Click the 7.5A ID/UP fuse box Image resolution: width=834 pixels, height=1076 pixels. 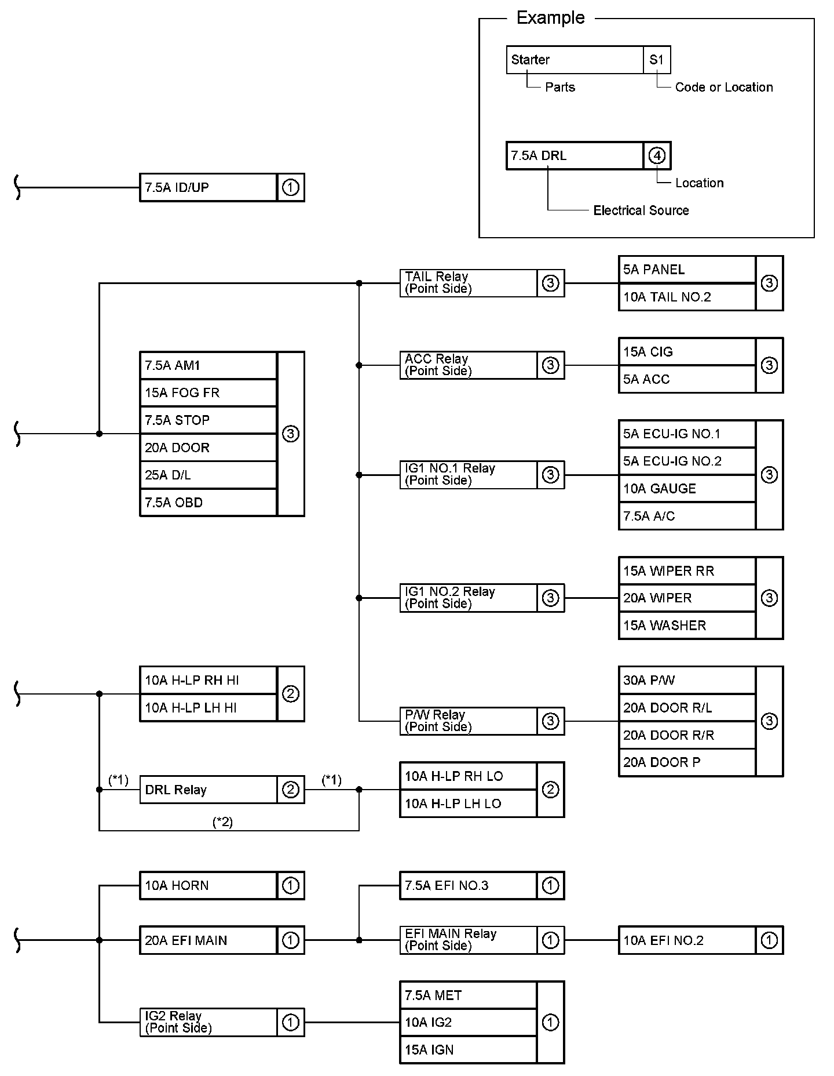[x=209, y=187]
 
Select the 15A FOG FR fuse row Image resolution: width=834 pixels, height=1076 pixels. [x=209, y=392]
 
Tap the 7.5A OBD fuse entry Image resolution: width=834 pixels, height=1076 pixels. [x=209, y=503]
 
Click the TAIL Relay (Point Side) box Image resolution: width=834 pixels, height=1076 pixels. [x=468, y=283]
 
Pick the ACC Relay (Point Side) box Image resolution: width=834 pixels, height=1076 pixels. [x=468, y=365]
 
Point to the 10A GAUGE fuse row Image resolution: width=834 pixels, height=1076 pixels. [x=687, y=489]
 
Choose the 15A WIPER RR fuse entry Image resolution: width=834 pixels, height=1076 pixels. [x=687, y=571]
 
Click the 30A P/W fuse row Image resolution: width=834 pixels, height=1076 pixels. [x=687, y=680]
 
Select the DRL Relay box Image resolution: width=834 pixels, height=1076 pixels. [x=209, y=790]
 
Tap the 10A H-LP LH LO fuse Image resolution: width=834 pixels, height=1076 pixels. [x=468, y=804]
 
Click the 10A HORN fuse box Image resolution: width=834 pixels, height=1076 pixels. [x=209, y=885]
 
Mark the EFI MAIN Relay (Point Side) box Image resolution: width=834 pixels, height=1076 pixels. [x=468, y=940]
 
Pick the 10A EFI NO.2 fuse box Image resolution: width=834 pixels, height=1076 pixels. [x=687, y=940]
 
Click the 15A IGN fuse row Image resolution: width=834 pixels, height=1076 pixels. [x=468, y=1050]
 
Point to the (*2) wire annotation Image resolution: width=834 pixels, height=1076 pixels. [x=223, y=822]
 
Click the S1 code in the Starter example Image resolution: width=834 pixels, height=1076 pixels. [x=657, y=60]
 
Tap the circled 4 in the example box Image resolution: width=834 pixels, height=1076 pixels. [x=657, y=155]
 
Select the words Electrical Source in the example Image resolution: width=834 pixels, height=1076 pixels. [x=641, y=210]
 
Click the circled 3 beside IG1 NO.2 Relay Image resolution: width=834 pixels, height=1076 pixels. [x=550, y=598]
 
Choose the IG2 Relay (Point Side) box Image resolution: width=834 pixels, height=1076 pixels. [x=209, y=1022]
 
